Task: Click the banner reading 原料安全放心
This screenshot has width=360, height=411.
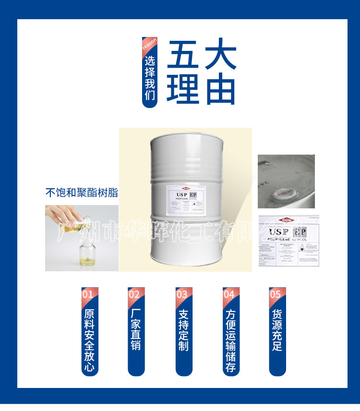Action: click(89, 341)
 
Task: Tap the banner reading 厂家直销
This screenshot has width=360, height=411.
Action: click(136, 331)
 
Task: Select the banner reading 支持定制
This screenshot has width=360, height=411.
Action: click(183, 331)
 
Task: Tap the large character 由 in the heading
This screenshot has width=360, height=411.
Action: click(220, 89)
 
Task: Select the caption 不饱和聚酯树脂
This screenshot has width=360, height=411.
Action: click(82, 193)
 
